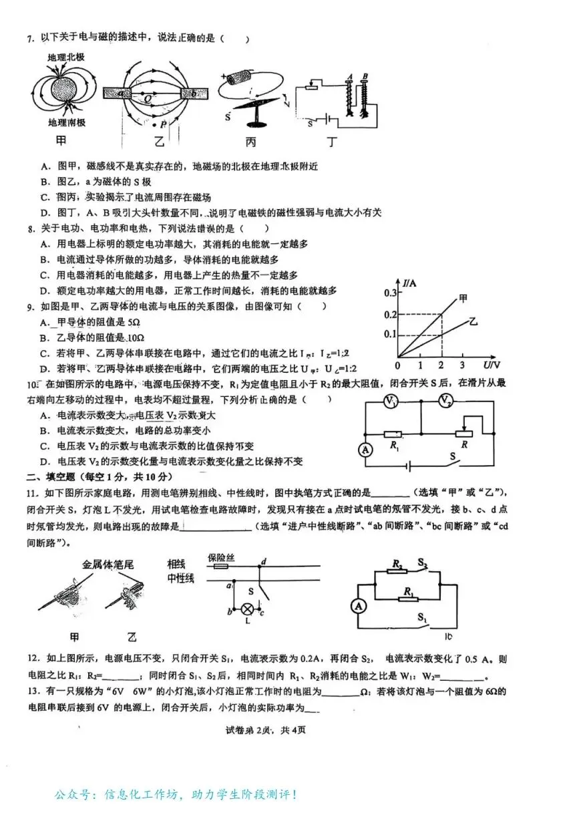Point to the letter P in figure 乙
point(164,125)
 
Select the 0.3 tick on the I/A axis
point(389,293)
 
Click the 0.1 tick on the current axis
point(389,335)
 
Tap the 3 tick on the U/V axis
point(462,365)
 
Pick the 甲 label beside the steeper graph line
point(463,299)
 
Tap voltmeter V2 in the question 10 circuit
point(445,400)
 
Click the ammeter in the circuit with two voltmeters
point(365,450)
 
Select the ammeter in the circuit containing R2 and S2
point(359,606)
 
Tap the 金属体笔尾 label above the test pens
point(108,565)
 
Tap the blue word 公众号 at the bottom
point(71,795)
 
